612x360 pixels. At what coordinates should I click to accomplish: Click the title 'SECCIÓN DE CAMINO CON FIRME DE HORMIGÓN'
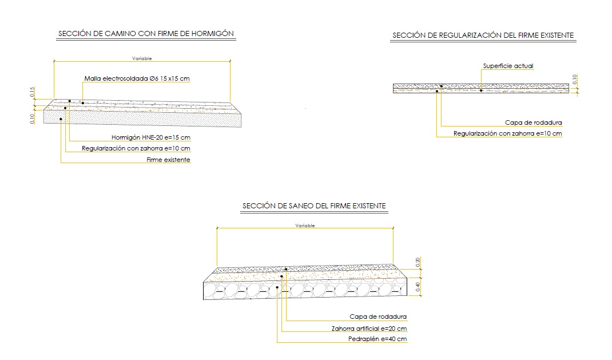click(x=146, y=34)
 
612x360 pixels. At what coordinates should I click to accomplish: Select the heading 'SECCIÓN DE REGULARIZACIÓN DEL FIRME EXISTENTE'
click(x=483, y=35)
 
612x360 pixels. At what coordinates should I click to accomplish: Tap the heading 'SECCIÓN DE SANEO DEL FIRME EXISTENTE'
click(x=315, y=205)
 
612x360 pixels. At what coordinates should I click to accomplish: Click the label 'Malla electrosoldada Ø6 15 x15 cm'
click(x=137, y=78)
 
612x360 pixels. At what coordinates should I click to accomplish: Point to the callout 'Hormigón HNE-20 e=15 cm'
click(x=150, y=137)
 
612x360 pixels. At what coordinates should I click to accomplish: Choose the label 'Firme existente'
click(x=168, y=160)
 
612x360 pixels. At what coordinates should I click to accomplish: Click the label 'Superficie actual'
click(x=508, y=66)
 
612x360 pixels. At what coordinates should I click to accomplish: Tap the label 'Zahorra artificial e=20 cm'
click(x=369, y=329)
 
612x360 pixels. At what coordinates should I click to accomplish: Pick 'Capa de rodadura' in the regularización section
click(x=534, y=122)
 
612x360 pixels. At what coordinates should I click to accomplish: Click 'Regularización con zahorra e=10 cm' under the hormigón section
click(x=136, y=149)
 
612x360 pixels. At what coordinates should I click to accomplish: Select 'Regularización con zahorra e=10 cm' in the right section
click(x=507, y=133)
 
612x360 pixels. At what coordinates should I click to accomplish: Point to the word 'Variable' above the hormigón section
click(x=142, y=58)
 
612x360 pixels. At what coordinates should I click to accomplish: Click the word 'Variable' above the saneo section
click(x=305, y=226)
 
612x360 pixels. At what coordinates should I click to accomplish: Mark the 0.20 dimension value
click(x=418, y=262)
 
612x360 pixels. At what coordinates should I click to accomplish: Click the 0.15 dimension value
click(x=33, y=92)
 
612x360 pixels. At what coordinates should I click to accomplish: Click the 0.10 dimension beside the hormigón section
click(x=32, y=118)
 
